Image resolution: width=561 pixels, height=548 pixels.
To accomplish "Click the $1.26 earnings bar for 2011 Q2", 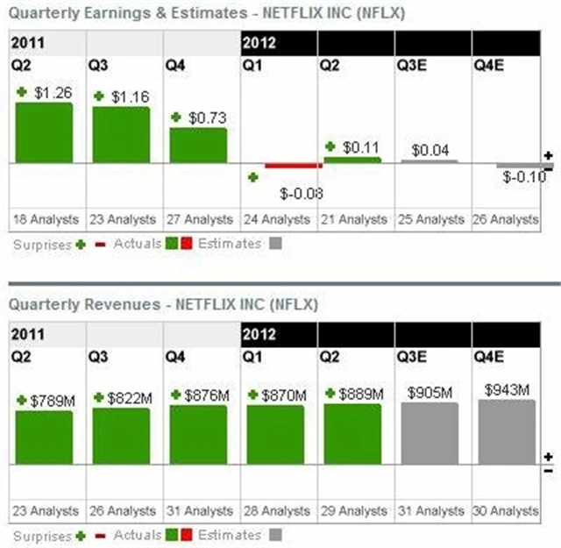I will pyautogui.click(x=44, y=132).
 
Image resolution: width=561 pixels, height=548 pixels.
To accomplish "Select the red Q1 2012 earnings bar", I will pyautogui.click(x=294, y=166).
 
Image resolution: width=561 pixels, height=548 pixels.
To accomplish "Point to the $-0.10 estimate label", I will pyautogui.click(x=524, y=177).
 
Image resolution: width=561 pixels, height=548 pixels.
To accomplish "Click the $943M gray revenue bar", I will pyautogui.click(x=507, y=432).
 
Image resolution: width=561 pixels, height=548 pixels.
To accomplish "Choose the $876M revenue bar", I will pyautogui.click(x=198, y=435).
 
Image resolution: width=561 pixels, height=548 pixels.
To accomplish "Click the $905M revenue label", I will pyautogui.click(x=430, y=394).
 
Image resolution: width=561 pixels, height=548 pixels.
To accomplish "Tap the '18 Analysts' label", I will pyautogui.click(x=47, y=219).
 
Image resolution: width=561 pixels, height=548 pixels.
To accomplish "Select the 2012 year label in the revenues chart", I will pyautogui.click(x=259, y=334).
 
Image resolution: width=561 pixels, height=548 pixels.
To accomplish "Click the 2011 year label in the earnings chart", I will pyautogui.click(x=27, y=42).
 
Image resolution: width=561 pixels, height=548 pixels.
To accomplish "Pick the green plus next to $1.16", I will pyautogui.click(x=100, y=96).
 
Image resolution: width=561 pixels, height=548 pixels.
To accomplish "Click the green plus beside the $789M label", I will pyautogui.click(x=22, y=400).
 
